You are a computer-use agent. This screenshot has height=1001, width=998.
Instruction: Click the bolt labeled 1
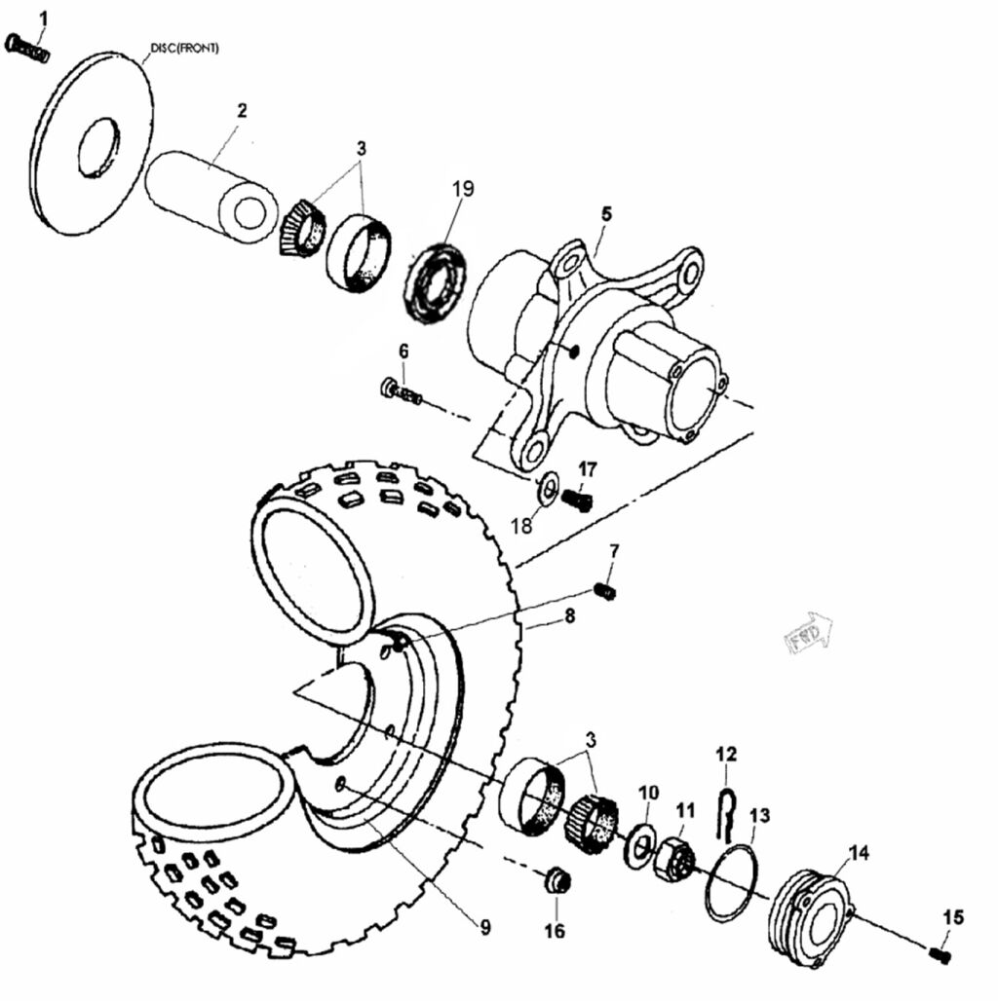pyautogui.click(x=26, y=47)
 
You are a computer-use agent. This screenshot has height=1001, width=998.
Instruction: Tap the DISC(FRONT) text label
pyautogui.click(x=184, y=48)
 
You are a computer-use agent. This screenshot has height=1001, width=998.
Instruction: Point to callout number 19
pyautogui.click(x=462, y=188)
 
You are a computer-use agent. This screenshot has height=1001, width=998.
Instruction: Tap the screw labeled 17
pyautogui.click(x=577, y=500)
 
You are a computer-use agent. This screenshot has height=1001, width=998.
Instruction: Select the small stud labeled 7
pyautogui.click(x=605, y=590)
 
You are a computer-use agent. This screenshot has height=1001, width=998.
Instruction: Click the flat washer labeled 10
pyautogui.click(x=638, y=842)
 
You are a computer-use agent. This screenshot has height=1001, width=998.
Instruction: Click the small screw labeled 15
pyautogui.click(x=940, y=955)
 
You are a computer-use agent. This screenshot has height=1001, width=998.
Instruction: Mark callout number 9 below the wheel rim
pyautogui.click(x=485, y=928)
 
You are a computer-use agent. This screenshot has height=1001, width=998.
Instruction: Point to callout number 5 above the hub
pyautogui.click(x=605, y=212)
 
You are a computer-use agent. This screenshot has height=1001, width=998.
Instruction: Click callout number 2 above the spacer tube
pyautogui.click(x=241, y=110)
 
